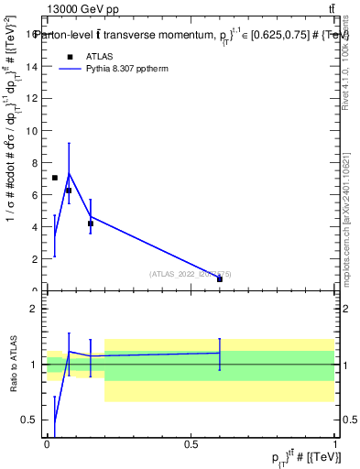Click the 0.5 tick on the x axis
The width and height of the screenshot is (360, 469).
(x=191, y=443)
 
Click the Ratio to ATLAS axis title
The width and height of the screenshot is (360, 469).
(x=14, y=364)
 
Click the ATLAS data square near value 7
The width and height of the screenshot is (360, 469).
(x=55, y=178)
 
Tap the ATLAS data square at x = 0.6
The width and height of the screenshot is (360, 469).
(x=220, y=279)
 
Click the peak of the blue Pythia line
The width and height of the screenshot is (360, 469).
(x=69, y=173)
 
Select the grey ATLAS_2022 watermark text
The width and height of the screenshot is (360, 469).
(x=191, y=273)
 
